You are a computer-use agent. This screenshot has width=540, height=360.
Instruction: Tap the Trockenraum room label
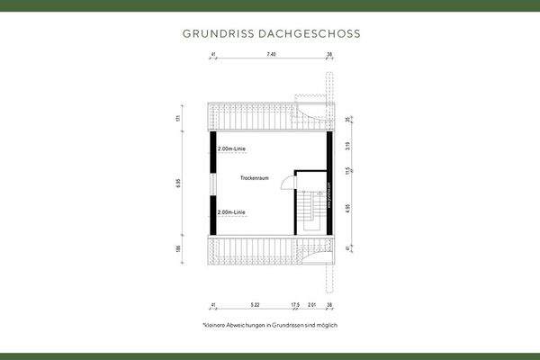[256, 179]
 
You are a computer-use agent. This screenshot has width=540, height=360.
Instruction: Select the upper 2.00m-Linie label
[230, 148]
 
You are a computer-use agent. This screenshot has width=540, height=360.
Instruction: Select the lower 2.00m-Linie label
[230, 212]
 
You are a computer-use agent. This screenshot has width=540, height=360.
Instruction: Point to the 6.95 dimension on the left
[179, 182]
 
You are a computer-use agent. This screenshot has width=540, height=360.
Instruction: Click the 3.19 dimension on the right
[349, 144]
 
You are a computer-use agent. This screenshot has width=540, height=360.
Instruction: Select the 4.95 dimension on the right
[349, 207]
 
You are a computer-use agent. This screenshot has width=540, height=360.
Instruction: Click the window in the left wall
[213, 182]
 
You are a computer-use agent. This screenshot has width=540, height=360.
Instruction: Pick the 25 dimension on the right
[349, 118]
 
